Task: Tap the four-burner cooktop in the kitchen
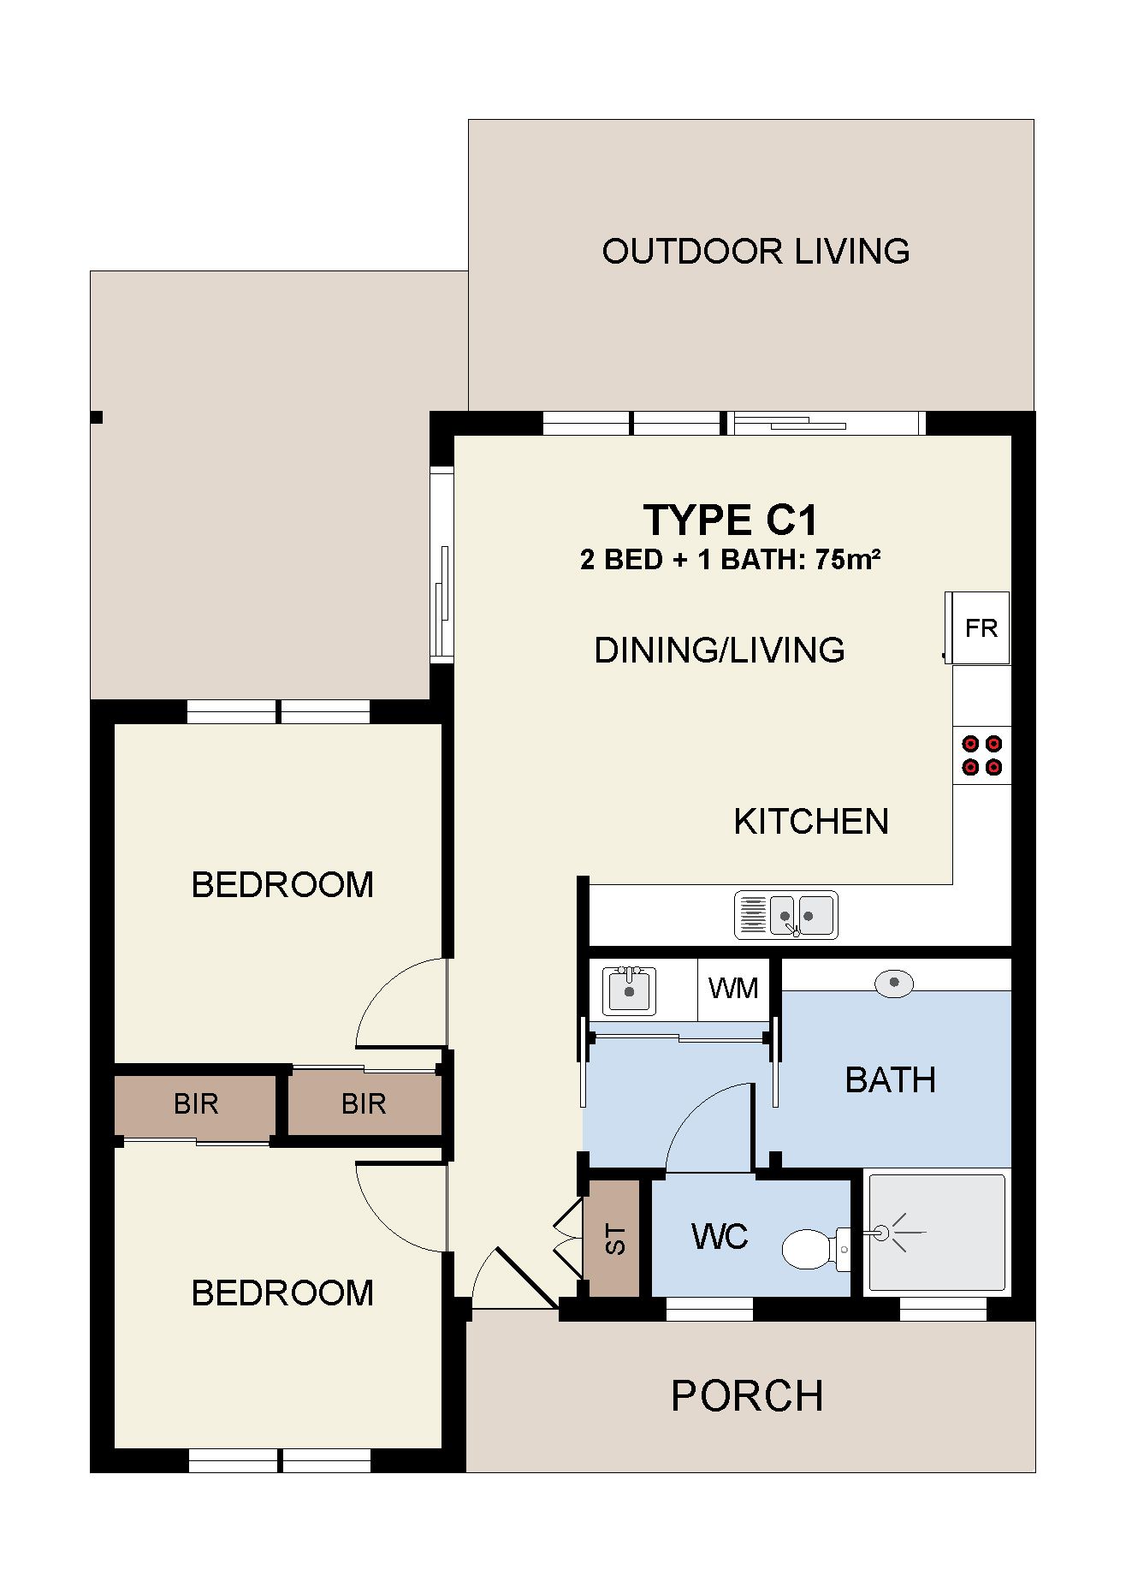(x=982, y=755)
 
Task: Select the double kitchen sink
(x=786, y=915)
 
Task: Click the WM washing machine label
(x=733, y=989)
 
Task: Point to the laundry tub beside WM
(x=629, y=990)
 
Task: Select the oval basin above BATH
(x=894, y=984)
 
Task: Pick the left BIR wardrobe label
(x=196, y=1104)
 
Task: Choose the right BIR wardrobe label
(x=364, y=1104)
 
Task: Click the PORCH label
(x=747, y=1396)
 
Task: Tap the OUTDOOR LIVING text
(x=756, y=252)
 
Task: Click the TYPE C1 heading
(x=731, y=520)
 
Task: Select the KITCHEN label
(x=811, y=822)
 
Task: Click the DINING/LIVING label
(x=720, y=651)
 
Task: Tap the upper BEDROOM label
(x=282, y=885)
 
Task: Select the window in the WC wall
(x=709, y=1309)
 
